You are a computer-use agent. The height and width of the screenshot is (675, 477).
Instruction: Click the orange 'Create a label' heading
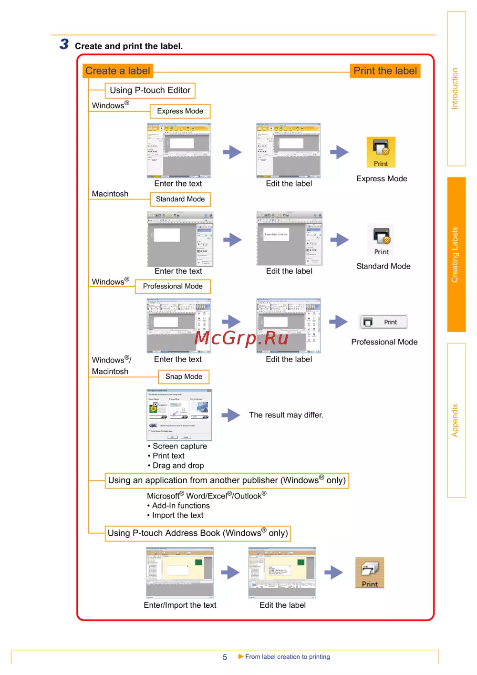pos(117,71)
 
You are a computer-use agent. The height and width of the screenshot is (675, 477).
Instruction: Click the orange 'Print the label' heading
pos(385,71)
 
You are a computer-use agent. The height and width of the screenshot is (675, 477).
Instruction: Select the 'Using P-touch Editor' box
pos(150,90)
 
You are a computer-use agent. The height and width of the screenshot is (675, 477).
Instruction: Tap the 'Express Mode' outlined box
pos(180,111)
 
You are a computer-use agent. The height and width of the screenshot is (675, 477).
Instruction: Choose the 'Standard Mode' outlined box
pos(180,199)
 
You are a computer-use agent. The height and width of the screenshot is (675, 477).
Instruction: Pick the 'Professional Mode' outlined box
pos(173,286)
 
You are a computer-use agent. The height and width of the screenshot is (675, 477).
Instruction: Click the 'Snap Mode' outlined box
pos(184,376)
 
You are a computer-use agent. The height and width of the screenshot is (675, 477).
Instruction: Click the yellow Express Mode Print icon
pos(381,152)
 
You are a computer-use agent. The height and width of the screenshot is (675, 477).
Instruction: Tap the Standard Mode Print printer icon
pos(381,240)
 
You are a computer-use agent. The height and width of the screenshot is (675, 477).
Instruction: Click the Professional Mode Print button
pos(384,322)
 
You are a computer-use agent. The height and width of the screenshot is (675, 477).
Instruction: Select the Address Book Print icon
pos(370,572)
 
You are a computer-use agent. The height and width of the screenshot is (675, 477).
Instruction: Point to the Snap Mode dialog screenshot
pos(179,414)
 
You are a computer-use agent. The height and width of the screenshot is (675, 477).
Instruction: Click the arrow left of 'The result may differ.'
pos(231,415)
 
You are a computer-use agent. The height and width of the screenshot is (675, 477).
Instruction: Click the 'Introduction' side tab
pos(456,89)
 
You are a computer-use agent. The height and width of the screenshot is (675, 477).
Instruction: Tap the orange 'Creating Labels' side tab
pos(456,254)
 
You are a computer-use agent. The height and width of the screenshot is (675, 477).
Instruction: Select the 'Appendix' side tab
pos(456,420)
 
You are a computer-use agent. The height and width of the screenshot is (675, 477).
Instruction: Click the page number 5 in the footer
pos(225,657)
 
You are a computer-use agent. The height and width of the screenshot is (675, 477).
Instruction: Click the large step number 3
pos(64,44)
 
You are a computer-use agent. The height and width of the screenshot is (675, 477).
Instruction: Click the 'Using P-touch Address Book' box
pos(197,533)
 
